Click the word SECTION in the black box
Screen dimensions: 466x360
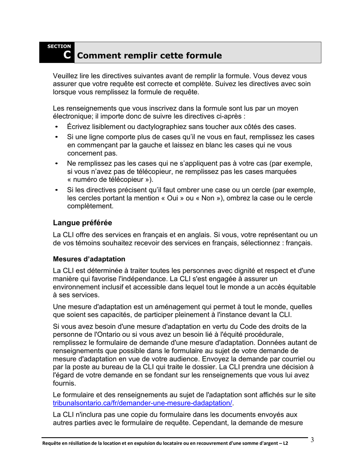(59, 46)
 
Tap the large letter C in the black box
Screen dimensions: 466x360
(67, 55)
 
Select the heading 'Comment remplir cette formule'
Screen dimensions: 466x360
(149, 56)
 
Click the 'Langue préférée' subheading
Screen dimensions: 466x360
(82, 223)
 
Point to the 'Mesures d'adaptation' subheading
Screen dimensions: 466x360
(89, 259)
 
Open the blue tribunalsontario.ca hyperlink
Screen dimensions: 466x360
(142, 403)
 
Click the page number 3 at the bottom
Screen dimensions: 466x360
(312, 440)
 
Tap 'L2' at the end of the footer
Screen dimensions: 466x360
(285, 443)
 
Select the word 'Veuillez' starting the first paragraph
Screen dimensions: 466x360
(66, 76)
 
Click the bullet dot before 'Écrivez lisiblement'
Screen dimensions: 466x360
(56, 127)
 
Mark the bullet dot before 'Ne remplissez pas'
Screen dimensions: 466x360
(56, 164)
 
